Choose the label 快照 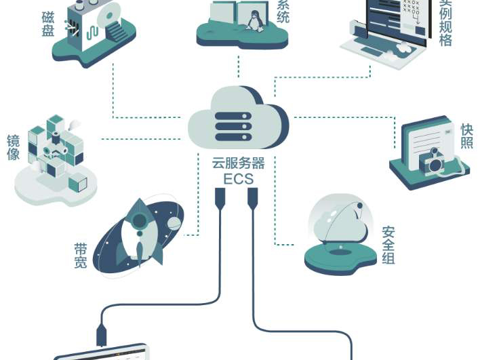[466, 136]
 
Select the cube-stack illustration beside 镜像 [57, 153]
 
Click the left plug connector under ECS [220, 199]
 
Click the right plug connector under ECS [253, 199]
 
